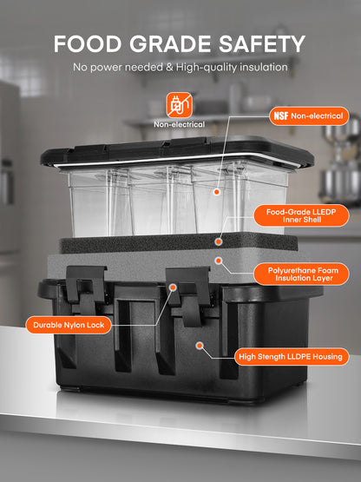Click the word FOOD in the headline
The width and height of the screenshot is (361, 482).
pyautogui.click(x=88, y=44)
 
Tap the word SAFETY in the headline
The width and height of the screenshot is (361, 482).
pyautogui.click(x=262, y=44)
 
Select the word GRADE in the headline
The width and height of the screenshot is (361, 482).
pyautogui.click(x=170, y=44)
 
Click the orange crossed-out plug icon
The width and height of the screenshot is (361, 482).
pyautogui.click(x=180, y=105)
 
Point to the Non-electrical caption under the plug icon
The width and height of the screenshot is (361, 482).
pyautogui.click(x=180, y=124)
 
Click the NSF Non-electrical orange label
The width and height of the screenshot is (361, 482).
pyautogui.click(x=309, y=116)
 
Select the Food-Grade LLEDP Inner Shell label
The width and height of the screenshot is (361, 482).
pyautogui.click(x=301, y=215)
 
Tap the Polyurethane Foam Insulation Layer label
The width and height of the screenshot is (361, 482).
pyautogui.click(x=301, y=274)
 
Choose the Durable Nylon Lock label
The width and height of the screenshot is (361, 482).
pyautogui.click(x=69, y=325)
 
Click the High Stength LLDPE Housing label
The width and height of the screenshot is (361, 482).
pyautogui.click(x=292, y=357)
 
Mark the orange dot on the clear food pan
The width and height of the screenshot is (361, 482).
pyautogui.click(x=217, y=192)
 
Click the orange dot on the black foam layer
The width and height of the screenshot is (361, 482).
pyautogui.click(x=219, y=242)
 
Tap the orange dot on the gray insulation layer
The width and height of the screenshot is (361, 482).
pyautogui.click(x=219, y=261)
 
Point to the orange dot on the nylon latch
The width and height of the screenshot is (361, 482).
pyautogui.click(x=173, y=287)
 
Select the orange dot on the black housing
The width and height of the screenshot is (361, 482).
pyautogui.click(x=200, y=346)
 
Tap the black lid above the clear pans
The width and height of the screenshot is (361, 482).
pyautogui.click(x=177, y=151)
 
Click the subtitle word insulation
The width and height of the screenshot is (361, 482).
pyautogui.click(x=264, y=67)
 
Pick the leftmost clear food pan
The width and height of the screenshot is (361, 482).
pyautogui.click(x=100, y=201)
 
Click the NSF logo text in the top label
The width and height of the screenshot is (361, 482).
pyautogui.click(x=281, y=116)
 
